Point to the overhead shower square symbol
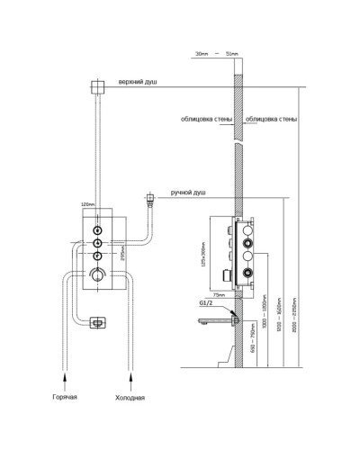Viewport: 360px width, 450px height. [96, 86]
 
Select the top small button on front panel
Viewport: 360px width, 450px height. [95, 229]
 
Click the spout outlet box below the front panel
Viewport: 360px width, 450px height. [96, 319]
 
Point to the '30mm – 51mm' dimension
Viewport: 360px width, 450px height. [219, 56]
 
